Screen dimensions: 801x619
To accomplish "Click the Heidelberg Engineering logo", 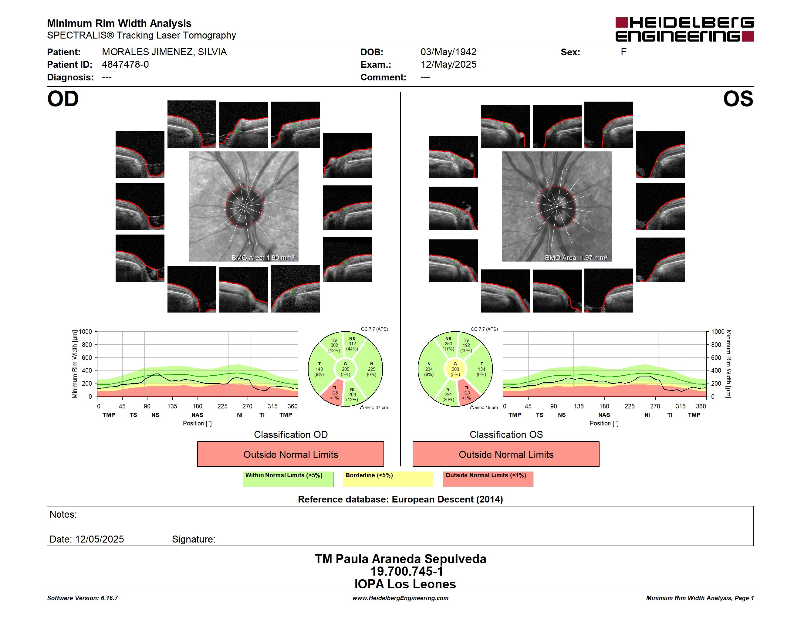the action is click(x=684, y=29).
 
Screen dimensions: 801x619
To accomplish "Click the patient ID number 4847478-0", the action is click(x=125, y=65).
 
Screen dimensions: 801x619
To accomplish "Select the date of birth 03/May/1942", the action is click(x=448, y=52).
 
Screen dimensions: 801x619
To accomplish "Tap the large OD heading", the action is click(x=63, y=99).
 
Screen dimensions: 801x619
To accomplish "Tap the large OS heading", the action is click(x=738, y=99).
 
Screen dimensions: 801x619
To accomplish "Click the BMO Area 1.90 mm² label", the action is click(x=262, y=258).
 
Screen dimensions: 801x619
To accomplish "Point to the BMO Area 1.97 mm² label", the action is click(x=576, y=258).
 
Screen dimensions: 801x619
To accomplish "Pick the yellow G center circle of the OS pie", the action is click(x=455, y=369).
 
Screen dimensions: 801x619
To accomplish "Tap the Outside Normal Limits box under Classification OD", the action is click(x=290, y=454).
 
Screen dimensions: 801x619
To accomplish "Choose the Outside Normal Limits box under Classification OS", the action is click(x=506, y=454).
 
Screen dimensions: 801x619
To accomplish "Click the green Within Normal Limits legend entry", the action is click(x=288, y=479).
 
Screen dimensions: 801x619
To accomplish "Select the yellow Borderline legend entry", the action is click(x=388, y=479).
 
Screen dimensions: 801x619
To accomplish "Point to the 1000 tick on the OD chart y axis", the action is click(x=85, y=332).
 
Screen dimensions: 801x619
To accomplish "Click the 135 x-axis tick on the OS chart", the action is click(x=579, y=406).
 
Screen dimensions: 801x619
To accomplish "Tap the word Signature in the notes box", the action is click(x=193, y=539).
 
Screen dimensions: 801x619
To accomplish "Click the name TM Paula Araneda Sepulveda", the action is click(x=400, y=559).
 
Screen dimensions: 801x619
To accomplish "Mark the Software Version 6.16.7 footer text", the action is click(x=83, y=598).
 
